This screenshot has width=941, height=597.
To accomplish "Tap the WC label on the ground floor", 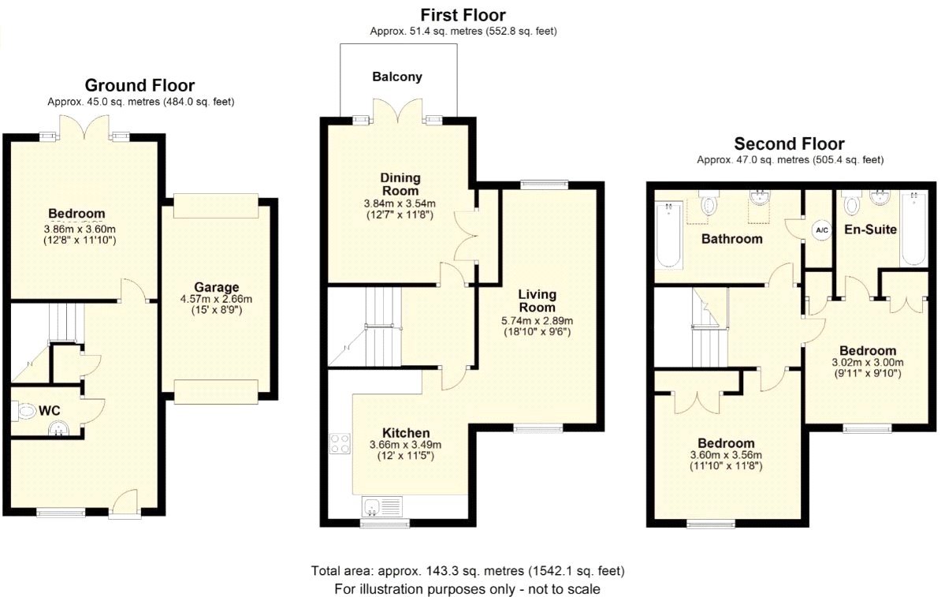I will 50,411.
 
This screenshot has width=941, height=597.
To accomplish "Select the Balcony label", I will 397,77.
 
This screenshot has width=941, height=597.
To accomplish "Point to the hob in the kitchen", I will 340,443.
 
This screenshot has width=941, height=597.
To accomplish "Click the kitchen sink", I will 381,506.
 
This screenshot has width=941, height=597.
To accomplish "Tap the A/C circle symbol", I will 821,230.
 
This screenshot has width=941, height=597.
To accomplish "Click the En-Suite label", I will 870,229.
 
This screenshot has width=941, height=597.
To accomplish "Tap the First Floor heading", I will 463,15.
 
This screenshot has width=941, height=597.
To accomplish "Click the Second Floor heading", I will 789,144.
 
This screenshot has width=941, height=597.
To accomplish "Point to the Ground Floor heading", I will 139,85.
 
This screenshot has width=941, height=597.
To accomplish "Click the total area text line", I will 468,570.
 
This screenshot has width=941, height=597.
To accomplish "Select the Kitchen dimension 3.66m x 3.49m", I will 405,446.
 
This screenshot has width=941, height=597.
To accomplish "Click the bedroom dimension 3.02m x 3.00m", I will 868,363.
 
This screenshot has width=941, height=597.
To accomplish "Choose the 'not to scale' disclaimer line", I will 468,588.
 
